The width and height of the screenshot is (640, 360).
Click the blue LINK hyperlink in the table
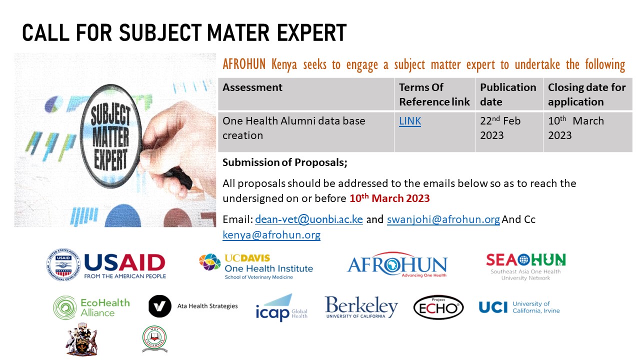pyautogui.click(x=410, y=121)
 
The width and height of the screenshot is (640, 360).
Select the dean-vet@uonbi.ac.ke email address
pyautogui.click(x=309, y=219)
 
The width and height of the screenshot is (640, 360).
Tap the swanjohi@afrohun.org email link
pyautogui.click(x=443, y=219)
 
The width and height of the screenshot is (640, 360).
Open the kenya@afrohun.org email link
pyautogui.click(x=271, y=234)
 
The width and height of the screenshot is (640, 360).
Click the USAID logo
pyautogui.click(x=106, y=265)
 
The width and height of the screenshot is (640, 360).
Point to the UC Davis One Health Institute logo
pyautogui.click(x=256, y=266)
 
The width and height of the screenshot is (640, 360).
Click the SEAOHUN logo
pyautogui.click(x=525, y=266)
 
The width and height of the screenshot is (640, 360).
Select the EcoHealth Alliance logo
pyautogui.click(x=91, y=307)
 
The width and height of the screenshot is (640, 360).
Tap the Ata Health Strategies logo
pyautogui.click(x=193, y=306)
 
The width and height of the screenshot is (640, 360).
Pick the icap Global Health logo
pyautogui.click(x=281, y=307)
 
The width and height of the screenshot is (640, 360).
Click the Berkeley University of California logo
pyautogui.click(x=361, y=307)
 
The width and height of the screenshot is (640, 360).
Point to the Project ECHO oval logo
pyautogui.click(x=438, y=307)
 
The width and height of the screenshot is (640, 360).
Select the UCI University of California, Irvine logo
pyautogui.click(x=519, y=307)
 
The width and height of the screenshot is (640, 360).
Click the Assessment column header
pyautogui.click(x=252, y=87)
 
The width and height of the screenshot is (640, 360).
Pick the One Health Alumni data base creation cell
pyautogui.click(x=294, y=128)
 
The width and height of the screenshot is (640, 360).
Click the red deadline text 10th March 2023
pyautogui.click(x=389, y=198)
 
